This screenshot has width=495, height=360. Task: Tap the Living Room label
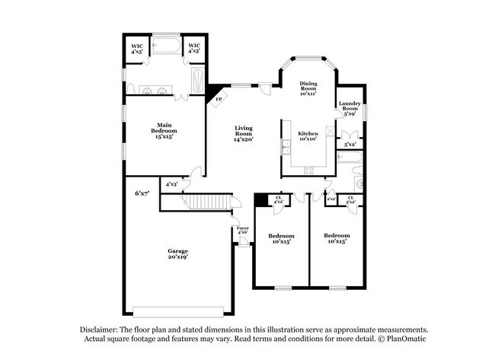point(243,133)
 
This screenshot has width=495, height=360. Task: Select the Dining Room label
point(308,88)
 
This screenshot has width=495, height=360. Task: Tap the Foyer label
point(243,230)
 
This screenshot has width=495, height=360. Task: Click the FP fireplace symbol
point(219,99)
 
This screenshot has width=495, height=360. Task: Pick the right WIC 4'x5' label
point(194,49)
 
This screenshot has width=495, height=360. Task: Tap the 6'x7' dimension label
point(142,193)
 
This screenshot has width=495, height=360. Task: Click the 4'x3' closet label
point(173,184)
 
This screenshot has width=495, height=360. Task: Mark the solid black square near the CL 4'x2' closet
point(261,199)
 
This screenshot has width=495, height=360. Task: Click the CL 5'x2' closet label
point(350,199)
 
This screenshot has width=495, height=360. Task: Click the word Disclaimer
point(102,329)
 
